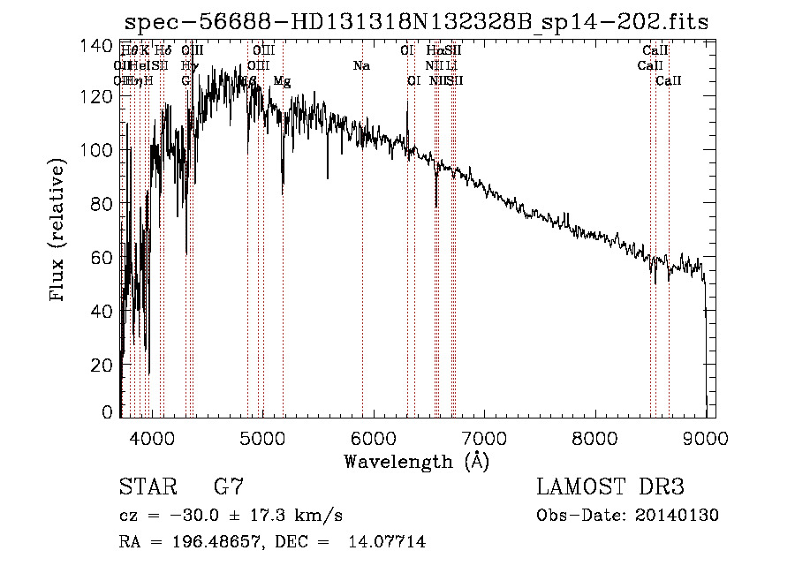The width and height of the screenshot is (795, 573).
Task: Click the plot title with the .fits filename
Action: (x=416, y=22)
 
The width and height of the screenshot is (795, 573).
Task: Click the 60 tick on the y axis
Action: (x=106, y=258)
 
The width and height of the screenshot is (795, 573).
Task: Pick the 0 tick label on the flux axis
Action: (x=110, y=412)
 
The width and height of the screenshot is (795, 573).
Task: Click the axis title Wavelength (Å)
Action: (x=416, y=461)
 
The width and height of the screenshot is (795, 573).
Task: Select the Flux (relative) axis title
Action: (x=59, y=231)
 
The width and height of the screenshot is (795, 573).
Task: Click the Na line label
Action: (x=360, y=65)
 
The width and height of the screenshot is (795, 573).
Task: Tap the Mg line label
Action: (x=282, y=81)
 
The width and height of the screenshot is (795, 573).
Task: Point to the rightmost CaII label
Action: (x=669, y=81)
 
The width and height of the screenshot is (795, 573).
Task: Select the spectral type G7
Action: (x=228, y=487)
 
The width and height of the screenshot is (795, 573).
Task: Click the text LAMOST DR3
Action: (x=609, y=487)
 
